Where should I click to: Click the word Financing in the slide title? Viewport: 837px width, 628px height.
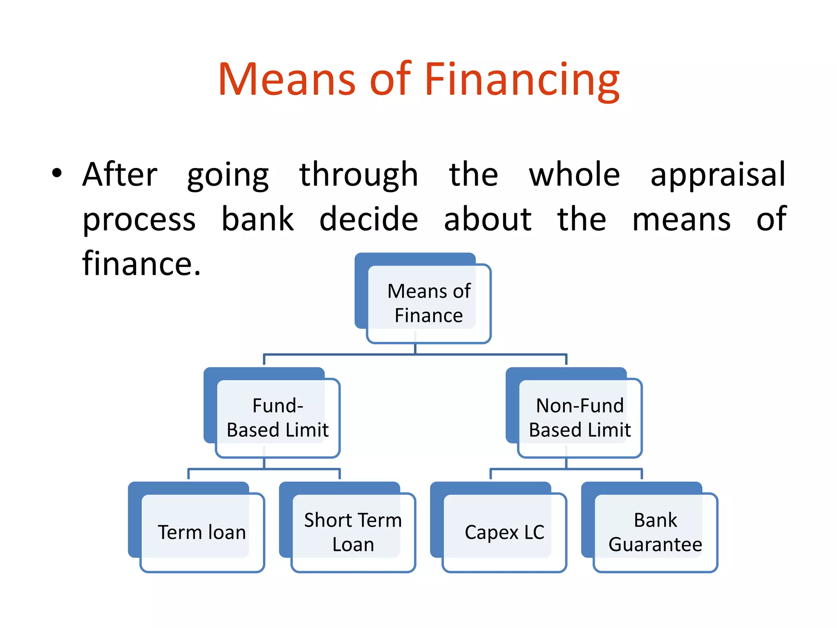(x=522, y=80)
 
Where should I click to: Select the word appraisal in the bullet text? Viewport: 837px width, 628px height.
(x=718, y=175)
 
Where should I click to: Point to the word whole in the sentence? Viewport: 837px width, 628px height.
(x=574, y=175)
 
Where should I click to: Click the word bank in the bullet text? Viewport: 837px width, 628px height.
(x=257, y=219)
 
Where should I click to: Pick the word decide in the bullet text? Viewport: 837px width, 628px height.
(x=369, y=219)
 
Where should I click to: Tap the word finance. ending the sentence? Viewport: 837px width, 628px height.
(x=141, y=263)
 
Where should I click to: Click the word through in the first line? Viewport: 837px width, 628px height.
(x=358, y=175)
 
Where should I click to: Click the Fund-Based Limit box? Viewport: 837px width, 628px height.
(x=278, y=418)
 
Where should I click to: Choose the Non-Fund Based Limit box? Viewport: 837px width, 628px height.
(x=580, y=418)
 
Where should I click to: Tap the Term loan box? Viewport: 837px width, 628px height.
(x=202, y=532)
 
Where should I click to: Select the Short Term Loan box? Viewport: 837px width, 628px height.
(x=353, y=532)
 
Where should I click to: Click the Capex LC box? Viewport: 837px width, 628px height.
(x=504, y=532)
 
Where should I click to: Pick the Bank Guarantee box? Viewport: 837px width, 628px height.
(x=655, y=532)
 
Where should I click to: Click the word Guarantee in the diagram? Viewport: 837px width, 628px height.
(x=655, y=545)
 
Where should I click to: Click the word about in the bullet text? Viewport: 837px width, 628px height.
(x=488, y=219)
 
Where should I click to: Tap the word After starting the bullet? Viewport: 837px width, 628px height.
(x=120, y=175)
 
